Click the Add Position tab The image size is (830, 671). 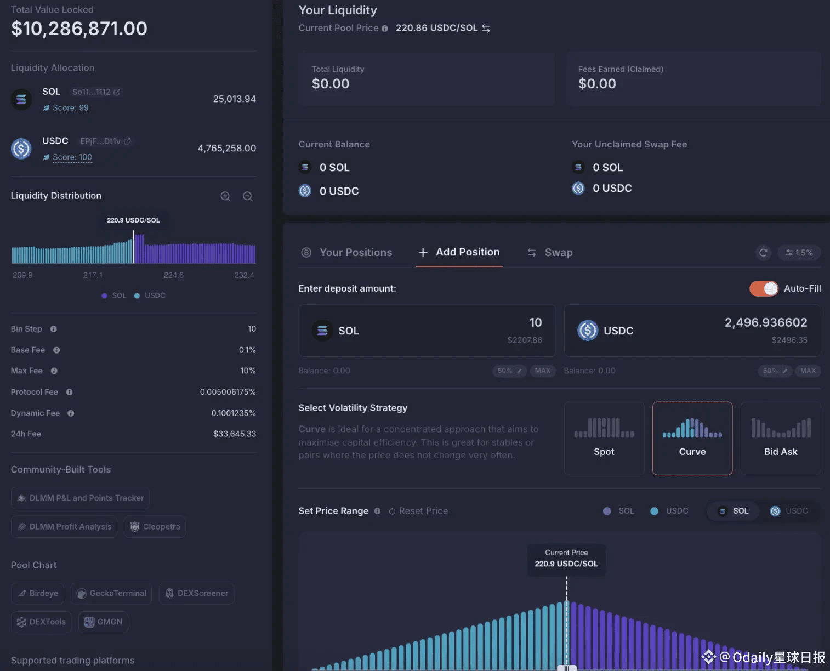point(459,252)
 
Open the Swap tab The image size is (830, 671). point(550,253)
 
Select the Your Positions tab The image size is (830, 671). point(347,253)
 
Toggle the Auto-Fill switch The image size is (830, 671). point(764,288)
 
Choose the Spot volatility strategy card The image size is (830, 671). point(604,438)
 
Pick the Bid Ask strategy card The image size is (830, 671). point(780,438)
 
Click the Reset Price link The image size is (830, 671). point(418,511)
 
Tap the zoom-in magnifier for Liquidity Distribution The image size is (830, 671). point(225,196)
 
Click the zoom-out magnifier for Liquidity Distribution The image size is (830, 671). point(248,196)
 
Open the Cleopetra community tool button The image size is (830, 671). point(155,527)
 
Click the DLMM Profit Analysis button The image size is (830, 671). point(64,527)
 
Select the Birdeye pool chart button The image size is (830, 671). point(38,593)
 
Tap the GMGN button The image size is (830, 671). point(103,622)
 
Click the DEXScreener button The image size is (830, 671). point(197,593)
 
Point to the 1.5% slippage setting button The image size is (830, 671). point(799,253)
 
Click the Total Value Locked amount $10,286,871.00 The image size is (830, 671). point(79,29)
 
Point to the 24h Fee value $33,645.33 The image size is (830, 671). point(235,434)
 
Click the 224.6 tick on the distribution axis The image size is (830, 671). point(174,275)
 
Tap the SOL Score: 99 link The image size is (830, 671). point(71,108)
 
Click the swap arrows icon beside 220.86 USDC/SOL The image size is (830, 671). point(486,28)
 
